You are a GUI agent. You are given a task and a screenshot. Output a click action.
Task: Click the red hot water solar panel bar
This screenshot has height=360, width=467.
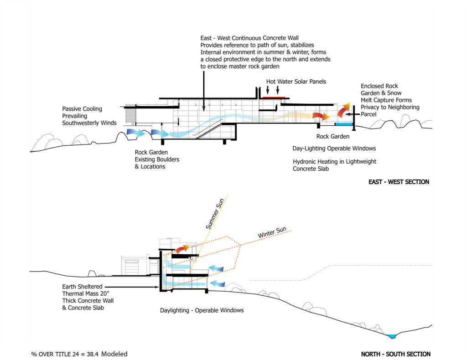(274, 97)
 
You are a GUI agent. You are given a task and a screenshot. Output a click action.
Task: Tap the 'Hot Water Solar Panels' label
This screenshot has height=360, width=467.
(296, 82)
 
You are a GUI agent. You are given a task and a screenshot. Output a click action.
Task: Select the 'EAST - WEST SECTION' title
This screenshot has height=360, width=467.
(399, 182)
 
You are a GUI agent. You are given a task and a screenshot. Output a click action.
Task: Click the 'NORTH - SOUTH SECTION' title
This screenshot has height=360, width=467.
(395, 354)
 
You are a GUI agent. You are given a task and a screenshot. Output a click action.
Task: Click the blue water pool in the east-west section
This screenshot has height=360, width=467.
(344, 124)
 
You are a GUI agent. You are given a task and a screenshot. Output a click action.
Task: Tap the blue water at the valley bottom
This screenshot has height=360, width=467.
(390, 336)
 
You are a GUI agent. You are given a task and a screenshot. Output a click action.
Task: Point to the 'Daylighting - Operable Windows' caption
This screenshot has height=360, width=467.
(202, 310)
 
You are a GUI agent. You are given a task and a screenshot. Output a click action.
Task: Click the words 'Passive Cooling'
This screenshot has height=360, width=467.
(82, 109)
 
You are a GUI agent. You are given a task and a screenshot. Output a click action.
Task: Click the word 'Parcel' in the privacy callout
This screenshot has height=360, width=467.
(369, 114)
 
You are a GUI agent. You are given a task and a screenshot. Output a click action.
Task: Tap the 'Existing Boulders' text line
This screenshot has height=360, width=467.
(157, 159)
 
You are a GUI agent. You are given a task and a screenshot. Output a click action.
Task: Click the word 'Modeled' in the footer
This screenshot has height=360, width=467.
(114, 354)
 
